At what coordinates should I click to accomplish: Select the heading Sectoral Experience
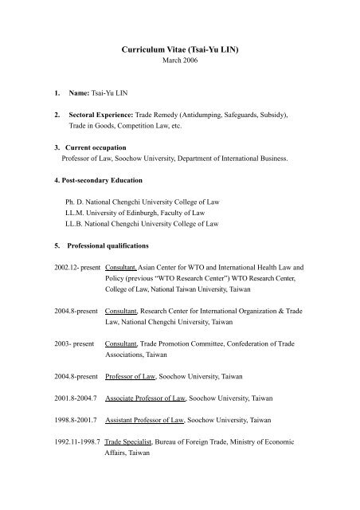[100, 115]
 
